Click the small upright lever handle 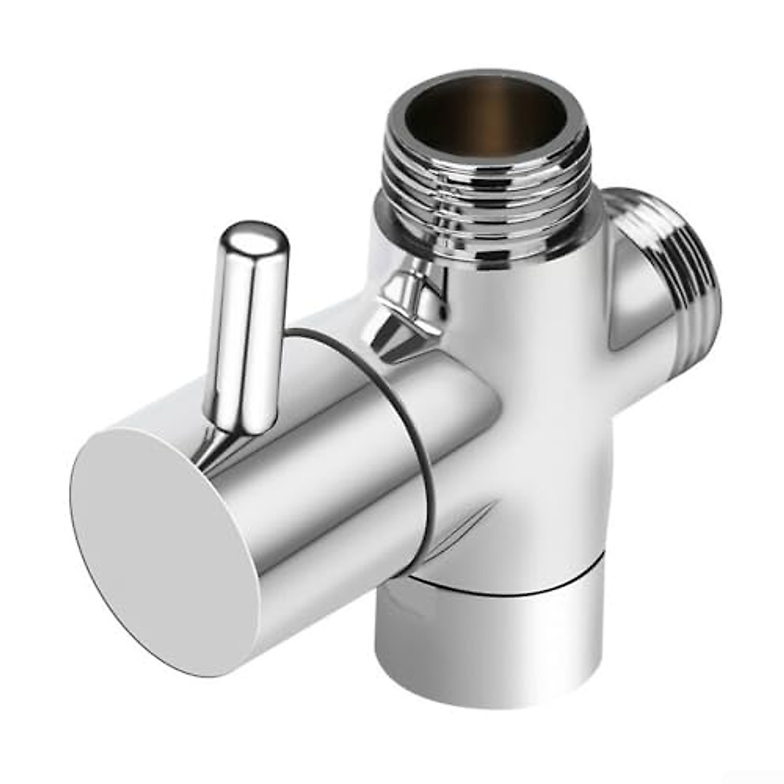pos(245,327)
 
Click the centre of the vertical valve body pos(555,405)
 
